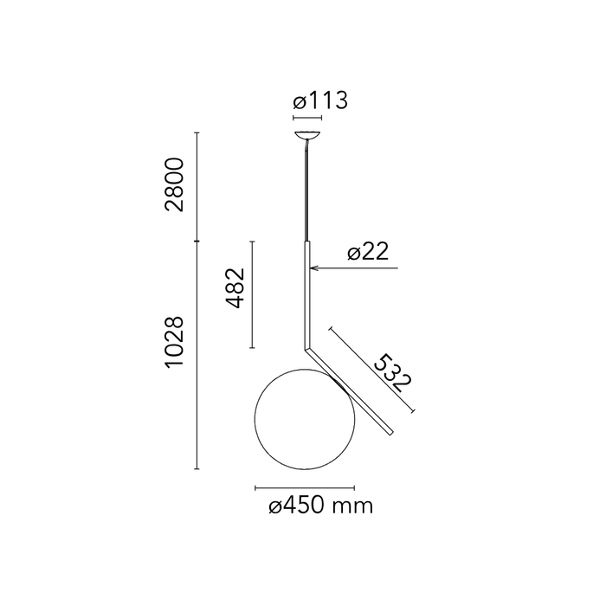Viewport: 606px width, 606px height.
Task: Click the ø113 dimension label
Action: click(320, 100)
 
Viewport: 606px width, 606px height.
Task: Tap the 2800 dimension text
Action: click(174, 184)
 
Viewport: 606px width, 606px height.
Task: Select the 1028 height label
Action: click(174, 342)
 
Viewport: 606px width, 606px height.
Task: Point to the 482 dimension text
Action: click(235, 288)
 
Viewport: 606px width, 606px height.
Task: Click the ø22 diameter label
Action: click(368, 252)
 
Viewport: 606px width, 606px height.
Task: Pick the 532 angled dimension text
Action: click(392, 372)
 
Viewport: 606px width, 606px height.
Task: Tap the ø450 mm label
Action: click(321, 506)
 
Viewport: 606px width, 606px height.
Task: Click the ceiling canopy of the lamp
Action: click(307, 135)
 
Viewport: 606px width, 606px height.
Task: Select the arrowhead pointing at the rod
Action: click(313, 268)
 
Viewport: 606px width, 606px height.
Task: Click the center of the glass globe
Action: click(305, 419)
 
